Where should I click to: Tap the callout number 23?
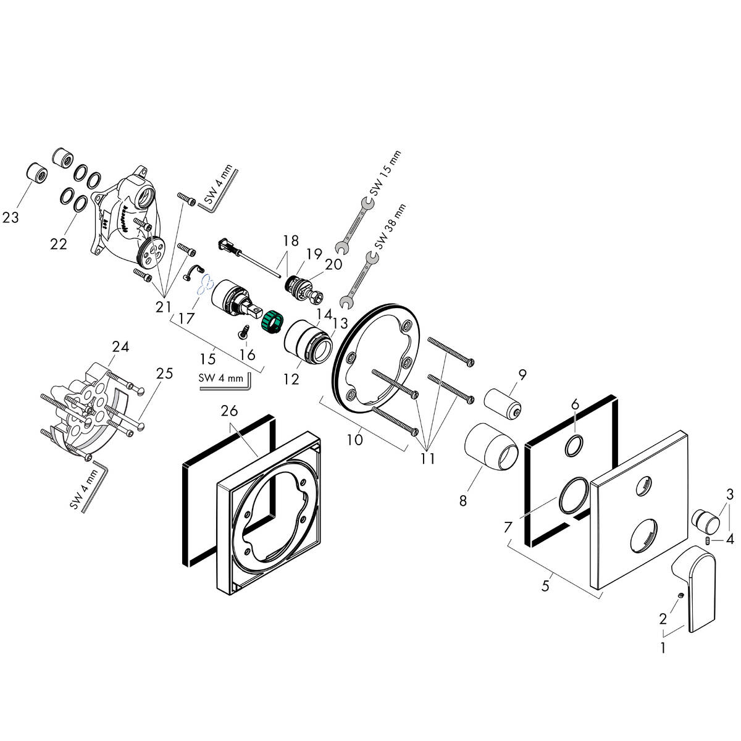pos(11,217)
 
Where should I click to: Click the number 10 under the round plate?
pos(356,440)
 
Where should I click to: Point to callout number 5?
pos(545,585)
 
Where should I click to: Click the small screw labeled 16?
pos(243,333)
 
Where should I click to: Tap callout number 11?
pos(427,459)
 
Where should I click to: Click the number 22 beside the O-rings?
pos(59,244)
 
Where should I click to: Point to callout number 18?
pos(291,240)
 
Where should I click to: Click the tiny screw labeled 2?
pos(679,595)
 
